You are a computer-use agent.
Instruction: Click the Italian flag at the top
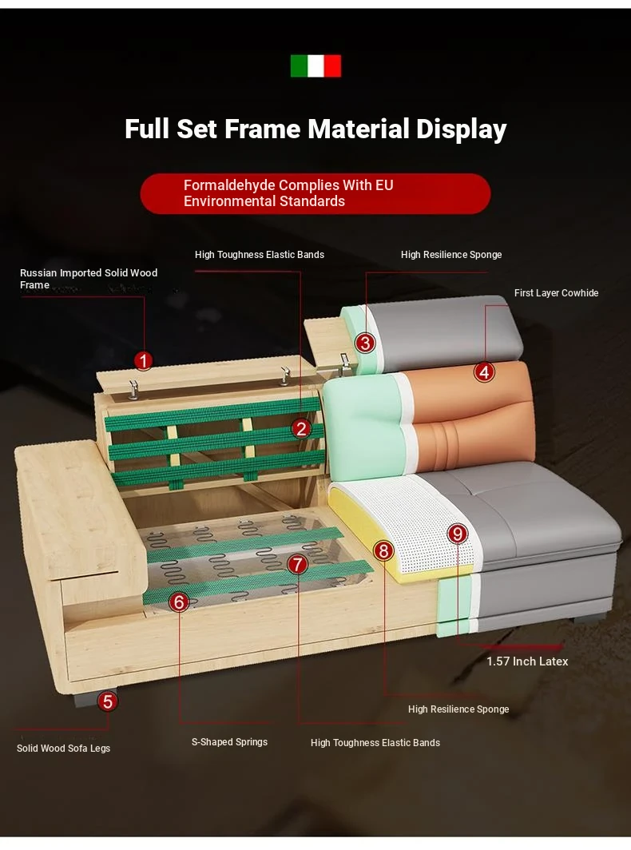point(315,66)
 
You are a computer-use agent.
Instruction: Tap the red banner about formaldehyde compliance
point(315,193)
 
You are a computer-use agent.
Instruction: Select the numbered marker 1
point(143,360)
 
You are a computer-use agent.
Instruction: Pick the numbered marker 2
point(301,429)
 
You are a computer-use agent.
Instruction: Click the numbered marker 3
point(365,343)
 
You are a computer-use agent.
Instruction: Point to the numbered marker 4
point(484,372)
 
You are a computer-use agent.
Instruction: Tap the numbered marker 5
point(107,701)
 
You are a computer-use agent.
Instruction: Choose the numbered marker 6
point(179,602)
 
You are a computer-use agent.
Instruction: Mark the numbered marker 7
point(297,564)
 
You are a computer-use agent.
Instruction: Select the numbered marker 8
point(383,550)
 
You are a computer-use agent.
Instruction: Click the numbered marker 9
point(458,534)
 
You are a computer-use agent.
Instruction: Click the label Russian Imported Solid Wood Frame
point(89,279)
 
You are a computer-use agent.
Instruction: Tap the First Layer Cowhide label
point(556,292)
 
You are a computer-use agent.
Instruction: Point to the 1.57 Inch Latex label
point(527,661)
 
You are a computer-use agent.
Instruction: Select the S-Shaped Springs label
point(229,742)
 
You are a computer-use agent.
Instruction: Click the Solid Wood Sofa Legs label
point(63,748)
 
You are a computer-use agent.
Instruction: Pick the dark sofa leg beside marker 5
point(87,697)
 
